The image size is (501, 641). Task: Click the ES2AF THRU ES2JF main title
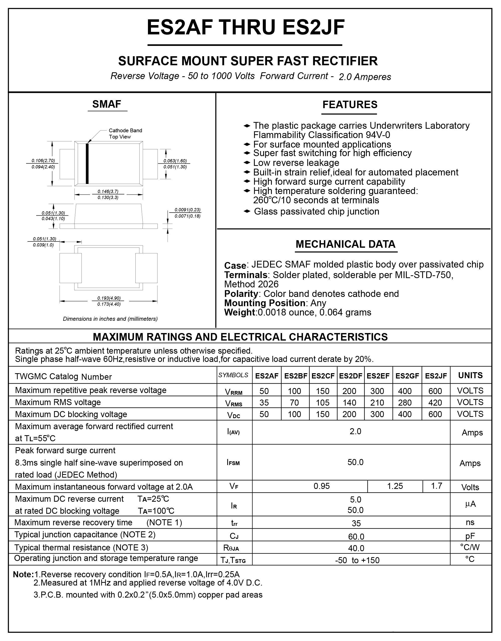[x=245, y=27]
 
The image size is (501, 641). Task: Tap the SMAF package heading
[x=107, y=104]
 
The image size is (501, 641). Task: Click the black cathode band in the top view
[x=87, y=164]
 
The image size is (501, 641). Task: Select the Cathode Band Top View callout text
[x=125, y=134]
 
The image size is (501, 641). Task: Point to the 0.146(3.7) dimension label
[x=108, y=191]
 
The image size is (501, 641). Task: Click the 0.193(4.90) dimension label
[x=109, y=298]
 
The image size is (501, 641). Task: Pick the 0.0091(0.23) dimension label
[x=187, y=210]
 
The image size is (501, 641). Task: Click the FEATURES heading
[x=350, y=105]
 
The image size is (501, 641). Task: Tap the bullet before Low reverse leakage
[x=247, y=163]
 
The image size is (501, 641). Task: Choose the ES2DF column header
[x=351, y=376]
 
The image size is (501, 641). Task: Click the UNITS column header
[x=470, y=375]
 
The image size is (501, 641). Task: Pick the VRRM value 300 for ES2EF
[x=377, y=391]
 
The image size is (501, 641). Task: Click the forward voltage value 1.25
[x=395, y=486]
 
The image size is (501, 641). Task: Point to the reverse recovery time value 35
[x=356, y=523]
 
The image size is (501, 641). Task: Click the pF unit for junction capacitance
[x=470, y=536]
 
